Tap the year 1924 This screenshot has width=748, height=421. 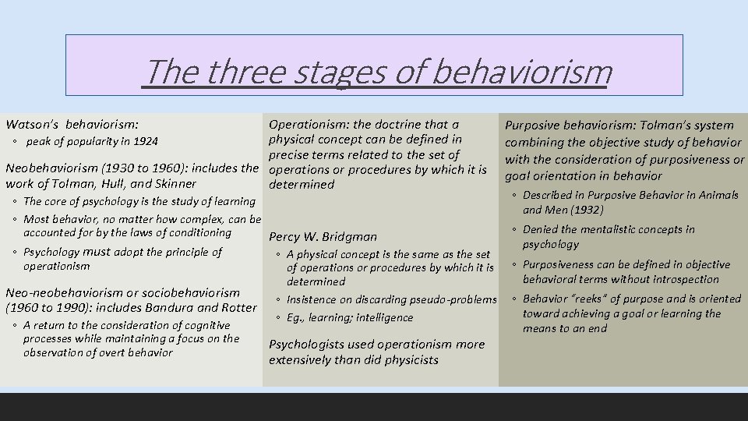click(145, 142)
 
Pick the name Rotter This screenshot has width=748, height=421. click(238, 307)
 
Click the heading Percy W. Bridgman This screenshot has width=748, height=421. click(323, 237)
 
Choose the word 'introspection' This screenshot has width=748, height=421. click(683, 279)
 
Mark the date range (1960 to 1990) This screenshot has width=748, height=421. click(50, 307)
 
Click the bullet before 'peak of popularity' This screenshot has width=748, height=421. click(16, 142)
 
